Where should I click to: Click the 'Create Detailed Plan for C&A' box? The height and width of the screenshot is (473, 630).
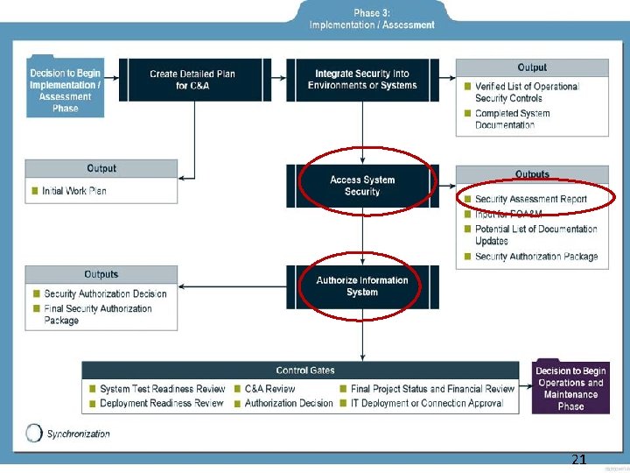click(x=193, y=80)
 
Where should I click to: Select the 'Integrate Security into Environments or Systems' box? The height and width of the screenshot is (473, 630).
click(x=362, y=80)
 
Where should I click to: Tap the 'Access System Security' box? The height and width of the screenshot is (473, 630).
click(x=362, y=186)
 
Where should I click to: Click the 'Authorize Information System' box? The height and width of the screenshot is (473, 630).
click(x=362, y=286)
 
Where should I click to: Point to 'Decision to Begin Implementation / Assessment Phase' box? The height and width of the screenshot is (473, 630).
click(x=65, y=90)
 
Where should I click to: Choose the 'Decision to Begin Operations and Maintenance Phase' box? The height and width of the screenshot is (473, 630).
click(x=570, y=388)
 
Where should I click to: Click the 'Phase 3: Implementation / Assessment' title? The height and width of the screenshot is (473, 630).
click(x=372, y=19)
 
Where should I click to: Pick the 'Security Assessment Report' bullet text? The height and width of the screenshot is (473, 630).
click(x=531, y=200)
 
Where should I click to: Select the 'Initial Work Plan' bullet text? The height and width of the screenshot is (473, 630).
click(x=74, y=191)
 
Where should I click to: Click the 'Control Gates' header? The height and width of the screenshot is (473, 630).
click(x=305, y=371)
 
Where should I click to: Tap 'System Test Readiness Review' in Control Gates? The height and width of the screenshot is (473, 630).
click(x=162, y=389)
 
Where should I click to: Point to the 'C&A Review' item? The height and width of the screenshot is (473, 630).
click(x=269, y=389)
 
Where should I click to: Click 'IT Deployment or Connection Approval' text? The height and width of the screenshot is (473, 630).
click(x=427, y=403)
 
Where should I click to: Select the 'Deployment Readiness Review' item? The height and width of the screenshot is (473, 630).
click(x=161, y=403)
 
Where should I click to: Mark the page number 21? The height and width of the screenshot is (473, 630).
click(x=578, y=459)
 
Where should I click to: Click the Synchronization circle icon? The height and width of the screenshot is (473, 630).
click(x=34, y=433)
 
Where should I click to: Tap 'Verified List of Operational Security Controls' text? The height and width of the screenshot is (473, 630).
click(x=527, y=92)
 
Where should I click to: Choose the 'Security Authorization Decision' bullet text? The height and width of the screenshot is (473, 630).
click(x=105, y=294)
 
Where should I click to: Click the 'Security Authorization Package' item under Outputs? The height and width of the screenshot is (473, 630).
click(x=536, y=257)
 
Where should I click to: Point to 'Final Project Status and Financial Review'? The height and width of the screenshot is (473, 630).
click(x=433, y=389)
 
